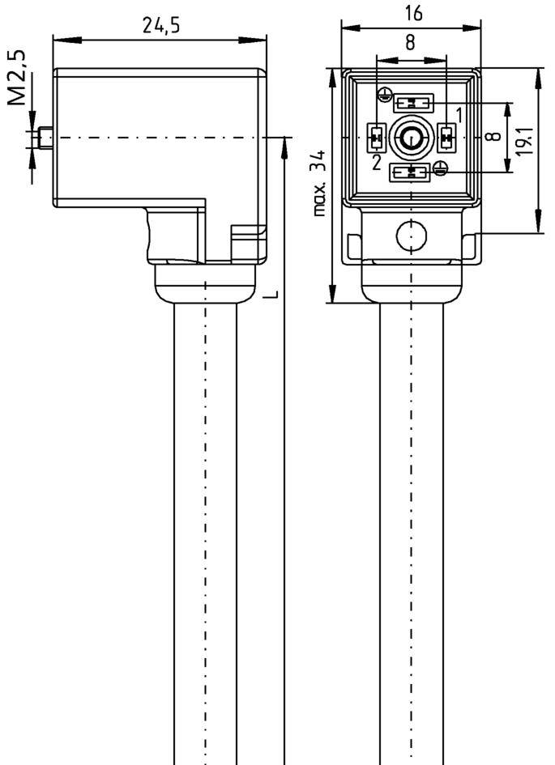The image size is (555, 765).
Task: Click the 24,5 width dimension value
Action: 160,25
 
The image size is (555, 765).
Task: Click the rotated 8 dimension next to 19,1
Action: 493,136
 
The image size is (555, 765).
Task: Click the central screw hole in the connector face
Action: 411,138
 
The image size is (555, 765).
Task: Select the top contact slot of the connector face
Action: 413,104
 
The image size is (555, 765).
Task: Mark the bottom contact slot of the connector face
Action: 411,172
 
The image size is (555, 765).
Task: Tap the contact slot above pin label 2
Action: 376,138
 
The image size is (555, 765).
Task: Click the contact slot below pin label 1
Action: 446,138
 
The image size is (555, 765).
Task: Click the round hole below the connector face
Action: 411,236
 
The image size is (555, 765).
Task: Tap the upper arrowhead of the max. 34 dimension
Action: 332,74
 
